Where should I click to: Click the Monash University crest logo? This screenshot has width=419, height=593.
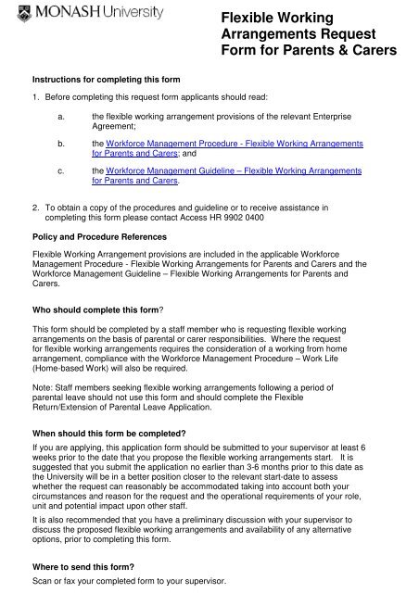12,12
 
